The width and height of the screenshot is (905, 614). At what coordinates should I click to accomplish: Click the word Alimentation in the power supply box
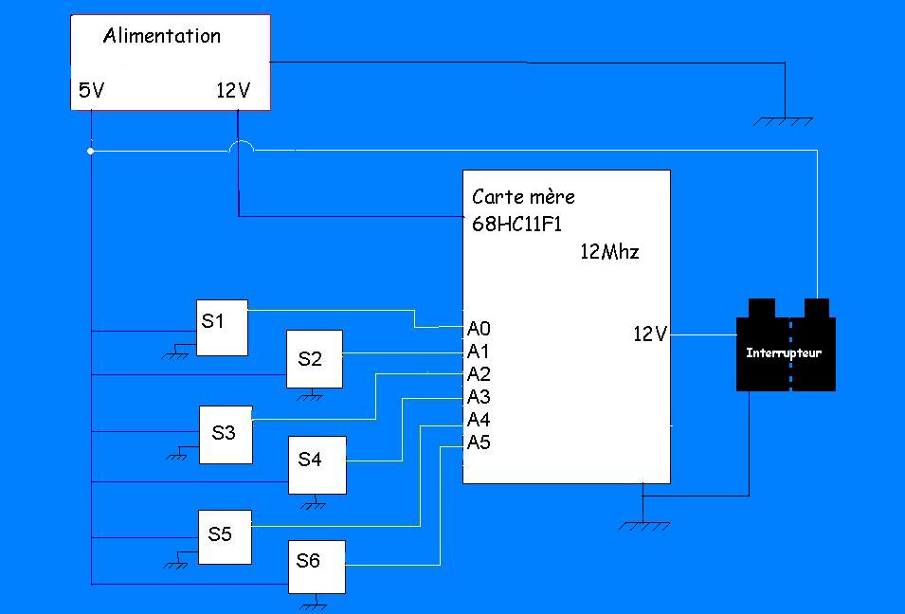tap(161, 36)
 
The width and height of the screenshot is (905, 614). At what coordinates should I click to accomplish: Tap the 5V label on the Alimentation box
tap(91, 91)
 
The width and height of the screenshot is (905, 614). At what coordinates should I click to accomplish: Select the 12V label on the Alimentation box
tap(233, 91)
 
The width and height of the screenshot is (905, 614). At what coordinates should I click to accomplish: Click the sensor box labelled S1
tap(221, 327)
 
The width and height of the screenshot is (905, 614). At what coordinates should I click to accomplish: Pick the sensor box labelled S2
tap(315, 359)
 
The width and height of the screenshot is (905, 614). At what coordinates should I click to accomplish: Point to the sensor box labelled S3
tap(226, 434)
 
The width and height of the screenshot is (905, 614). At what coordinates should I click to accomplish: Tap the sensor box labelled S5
tap(224, 536)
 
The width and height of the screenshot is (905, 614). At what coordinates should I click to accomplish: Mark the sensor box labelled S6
tap(316, 566)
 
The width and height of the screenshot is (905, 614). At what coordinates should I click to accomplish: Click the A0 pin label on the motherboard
tap(479, 328)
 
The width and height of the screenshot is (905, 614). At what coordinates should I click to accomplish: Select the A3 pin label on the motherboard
tap(479, 396)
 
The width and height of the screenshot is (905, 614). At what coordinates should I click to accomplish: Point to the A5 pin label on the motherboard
tap(479, 442)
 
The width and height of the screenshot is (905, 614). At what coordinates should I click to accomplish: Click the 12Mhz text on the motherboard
tap(609, 252)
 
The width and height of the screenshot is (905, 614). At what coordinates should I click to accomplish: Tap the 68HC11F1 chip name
tap(517, 225)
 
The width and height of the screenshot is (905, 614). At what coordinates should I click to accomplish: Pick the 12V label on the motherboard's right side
tap(650, 334)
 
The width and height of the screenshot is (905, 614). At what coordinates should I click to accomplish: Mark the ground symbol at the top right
tap(784, 120)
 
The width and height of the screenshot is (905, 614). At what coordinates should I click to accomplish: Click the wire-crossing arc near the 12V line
tap(242, 146)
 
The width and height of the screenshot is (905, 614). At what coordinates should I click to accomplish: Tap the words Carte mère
tap(523, 197)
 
